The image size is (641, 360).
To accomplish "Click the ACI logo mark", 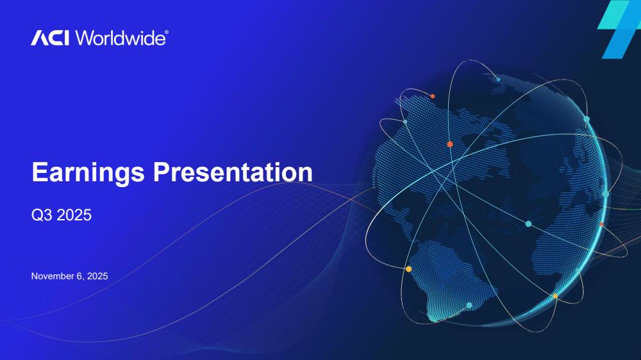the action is coord(50,38).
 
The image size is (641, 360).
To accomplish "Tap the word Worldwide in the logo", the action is coord(121,38).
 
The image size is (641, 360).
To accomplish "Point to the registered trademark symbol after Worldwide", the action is coord(167,32).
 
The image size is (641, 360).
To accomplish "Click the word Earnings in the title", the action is coord(88,172).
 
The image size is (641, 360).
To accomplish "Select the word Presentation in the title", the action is coord(233,172).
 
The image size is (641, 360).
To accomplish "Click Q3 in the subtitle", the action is coord(41,215).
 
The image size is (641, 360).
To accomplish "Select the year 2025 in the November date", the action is coord(97,276).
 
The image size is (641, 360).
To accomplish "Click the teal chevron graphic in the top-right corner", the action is coord(619,29).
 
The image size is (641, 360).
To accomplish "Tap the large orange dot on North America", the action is coord(450,144).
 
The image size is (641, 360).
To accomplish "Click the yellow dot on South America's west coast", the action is coord(408,269).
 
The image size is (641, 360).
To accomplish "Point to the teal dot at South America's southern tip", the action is coord(469,306).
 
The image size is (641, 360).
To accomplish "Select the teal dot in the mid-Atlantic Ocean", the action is coord(528,224).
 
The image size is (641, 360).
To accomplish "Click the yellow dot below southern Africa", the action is coord(555,296).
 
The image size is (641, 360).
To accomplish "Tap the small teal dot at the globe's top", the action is coord(498,79).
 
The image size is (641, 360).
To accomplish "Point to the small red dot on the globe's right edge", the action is coord(601,224).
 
